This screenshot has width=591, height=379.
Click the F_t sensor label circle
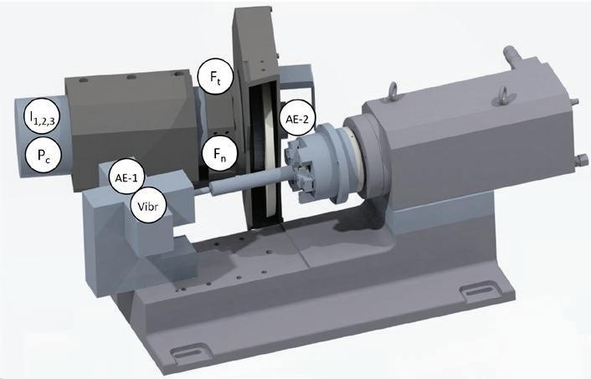point(215,76)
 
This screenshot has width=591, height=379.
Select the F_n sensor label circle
point(219,153)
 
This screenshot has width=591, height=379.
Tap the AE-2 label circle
point(297,119)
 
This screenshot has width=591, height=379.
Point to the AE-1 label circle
point(126,177)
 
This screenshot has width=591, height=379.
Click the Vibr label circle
point(147,206)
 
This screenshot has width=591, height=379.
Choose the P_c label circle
point(44,155)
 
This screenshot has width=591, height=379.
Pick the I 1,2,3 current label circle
point(43,116)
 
